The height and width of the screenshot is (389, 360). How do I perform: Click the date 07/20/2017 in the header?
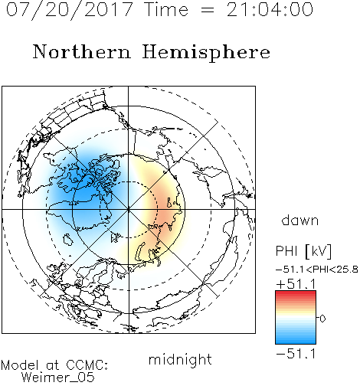coord(70,10)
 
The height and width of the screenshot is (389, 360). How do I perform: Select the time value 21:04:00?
coord(270,9)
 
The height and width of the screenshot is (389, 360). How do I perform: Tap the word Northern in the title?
coord(82,52)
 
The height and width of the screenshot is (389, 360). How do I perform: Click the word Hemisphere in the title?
coord(206,53)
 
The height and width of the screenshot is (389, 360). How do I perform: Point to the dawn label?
coord(300,221)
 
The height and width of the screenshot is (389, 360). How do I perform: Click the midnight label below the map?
coord(180,360)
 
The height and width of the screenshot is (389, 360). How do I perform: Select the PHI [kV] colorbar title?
coord(303,251)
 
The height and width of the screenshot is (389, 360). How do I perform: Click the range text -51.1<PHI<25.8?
coord(317,270)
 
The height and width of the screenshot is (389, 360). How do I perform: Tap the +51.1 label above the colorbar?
coord(296,284)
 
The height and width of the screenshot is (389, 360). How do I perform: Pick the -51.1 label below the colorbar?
coord(296,354)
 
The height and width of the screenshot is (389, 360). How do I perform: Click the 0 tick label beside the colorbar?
coord(322,319)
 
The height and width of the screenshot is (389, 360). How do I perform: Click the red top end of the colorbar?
coord(296,293)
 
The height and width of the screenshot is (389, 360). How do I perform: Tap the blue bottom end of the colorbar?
coord(296,342)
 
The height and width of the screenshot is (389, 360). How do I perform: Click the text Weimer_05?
coord(58,378)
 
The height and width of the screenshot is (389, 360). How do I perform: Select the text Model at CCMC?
coord(54,365)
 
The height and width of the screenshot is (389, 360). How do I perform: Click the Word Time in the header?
coord(166,9)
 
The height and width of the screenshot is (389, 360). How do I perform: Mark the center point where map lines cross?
coord(129,209)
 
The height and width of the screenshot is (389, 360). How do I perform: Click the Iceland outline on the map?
coord(68,240)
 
